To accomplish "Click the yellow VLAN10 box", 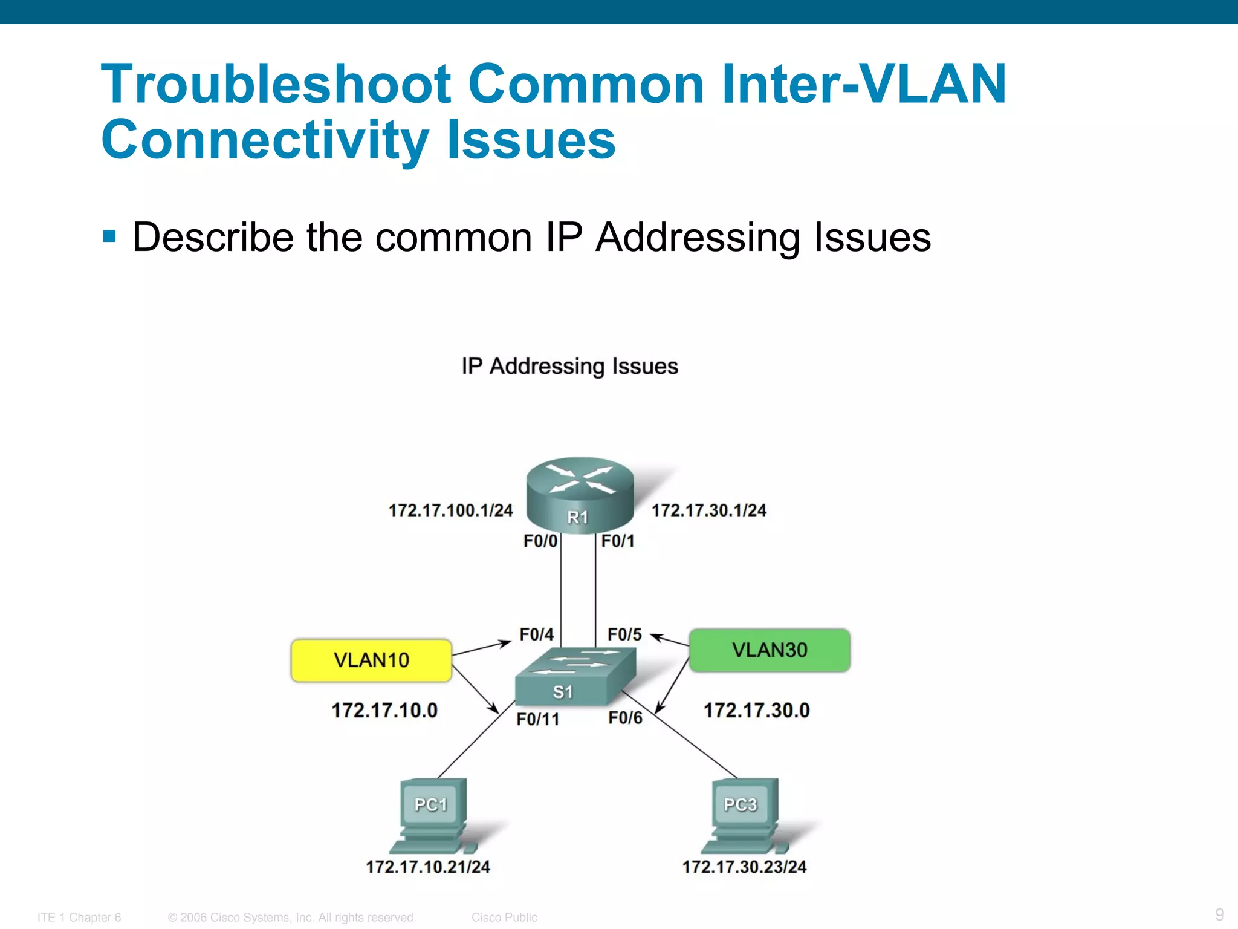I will tap(371, 660).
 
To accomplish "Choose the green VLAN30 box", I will tap(770, 650).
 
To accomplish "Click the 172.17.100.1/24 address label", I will tap(450, 510).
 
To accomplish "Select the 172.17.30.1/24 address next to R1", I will tap(708, 510).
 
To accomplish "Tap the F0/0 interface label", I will tap(540, 541).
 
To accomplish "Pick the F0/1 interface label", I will tap(618, 541).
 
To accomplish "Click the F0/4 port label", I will tap(536, 634).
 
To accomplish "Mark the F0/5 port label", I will tap(624, 634).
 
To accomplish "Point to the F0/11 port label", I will tap(537, 719).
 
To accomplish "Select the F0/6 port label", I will tap(625, 718).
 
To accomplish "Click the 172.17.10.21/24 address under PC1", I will tap(428, 867).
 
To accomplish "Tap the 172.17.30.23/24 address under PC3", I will tap(744, 867).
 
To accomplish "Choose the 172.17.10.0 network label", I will tap(384, 710).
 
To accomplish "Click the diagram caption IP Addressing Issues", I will tap(569, 367).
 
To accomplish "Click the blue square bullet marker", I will tap(109, 236).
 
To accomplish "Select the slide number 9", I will tap(1219, 914).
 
